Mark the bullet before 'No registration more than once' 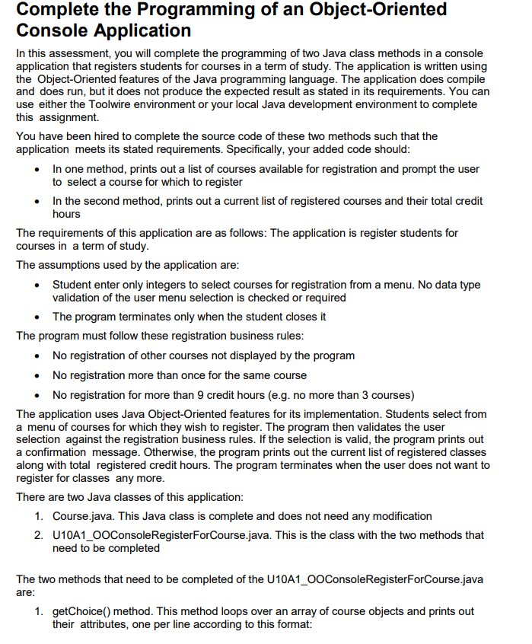38,375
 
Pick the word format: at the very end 319,624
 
